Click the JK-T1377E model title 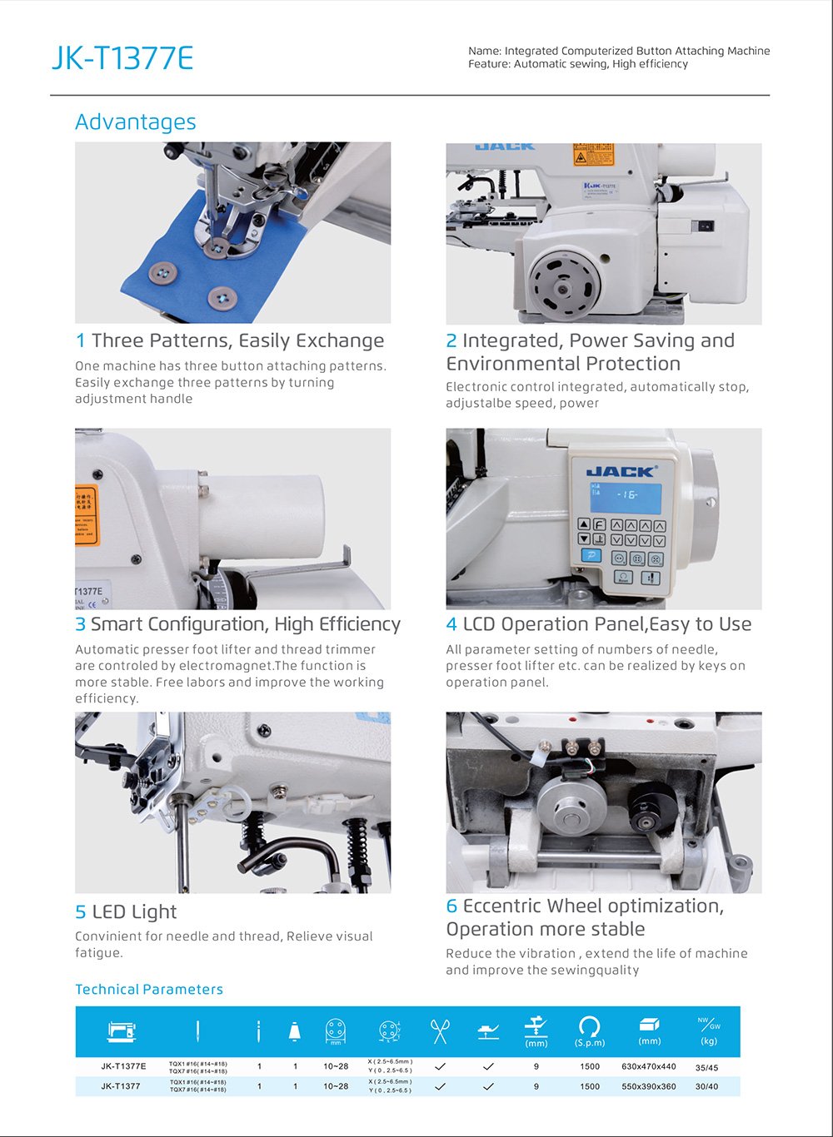tap(122, 58)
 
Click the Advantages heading tap(136, 122)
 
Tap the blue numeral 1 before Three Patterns tap(80, 341)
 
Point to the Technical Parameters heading tap(149, 990)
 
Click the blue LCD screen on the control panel tap(626, 498)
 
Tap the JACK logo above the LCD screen tap(621, 471)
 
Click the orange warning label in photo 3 tap(87, 515)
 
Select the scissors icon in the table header tap(439, 1031)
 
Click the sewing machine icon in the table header tap(122, 1031)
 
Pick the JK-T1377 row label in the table tap(121, 1086)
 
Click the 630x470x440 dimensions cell tap(649, 1066)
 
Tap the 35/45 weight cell tap(706, 1067)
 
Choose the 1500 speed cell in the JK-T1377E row tap(590, 1066)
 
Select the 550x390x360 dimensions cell tap(649, 1086)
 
